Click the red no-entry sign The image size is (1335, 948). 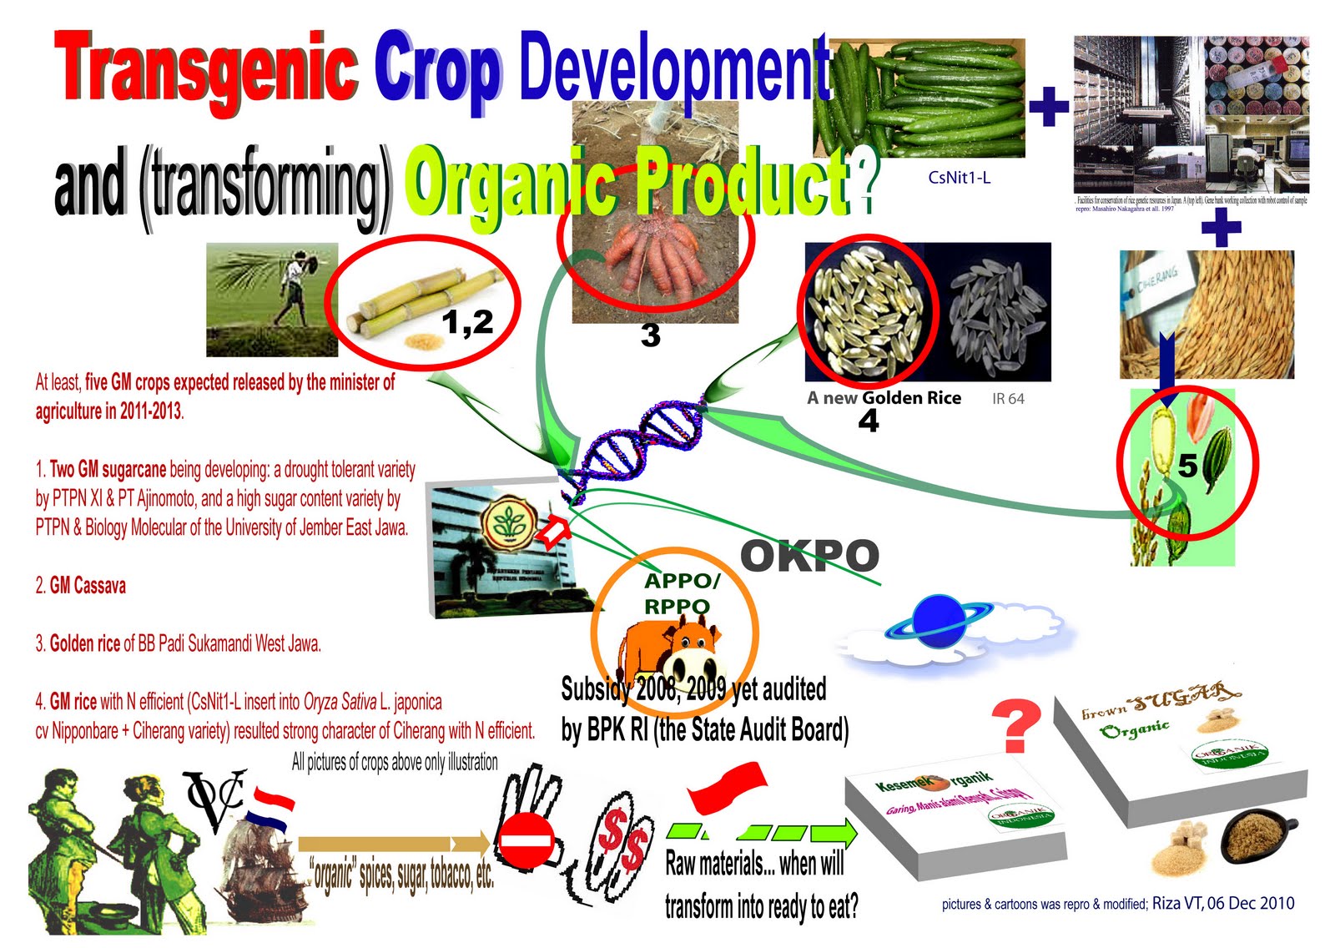[x=526, y=842]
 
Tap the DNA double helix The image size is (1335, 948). [x=638, y=443]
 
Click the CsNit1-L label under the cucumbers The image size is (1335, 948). [x=959, y=178]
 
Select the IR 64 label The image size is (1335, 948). [x=1008, y=399]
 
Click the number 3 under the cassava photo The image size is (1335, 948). [x=650, y=335]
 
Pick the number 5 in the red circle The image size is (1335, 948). [x=1187, y=466]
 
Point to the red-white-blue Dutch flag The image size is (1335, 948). [x=274, y=807]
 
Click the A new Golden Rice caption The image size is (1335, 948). [x=884, y=398]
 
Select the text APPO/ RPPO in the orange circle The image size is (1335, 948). [x=678, y=593]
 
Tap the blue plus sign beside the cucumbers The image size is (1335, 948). [x=1048, y=108]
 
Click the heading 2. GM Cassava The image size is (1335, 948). [x=81, y=586]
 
